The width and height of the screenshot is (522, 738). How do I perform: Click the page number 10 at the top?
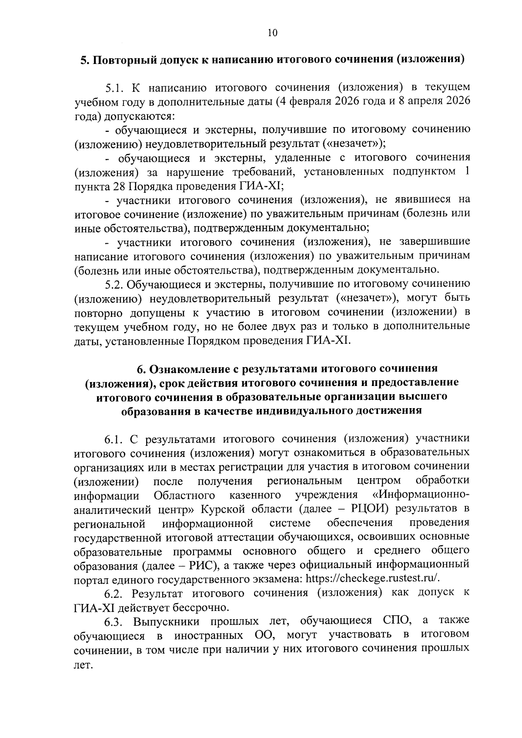tap(273, 33)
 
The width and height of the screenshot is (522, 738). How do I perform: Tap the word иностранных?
tap(208, 635)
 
